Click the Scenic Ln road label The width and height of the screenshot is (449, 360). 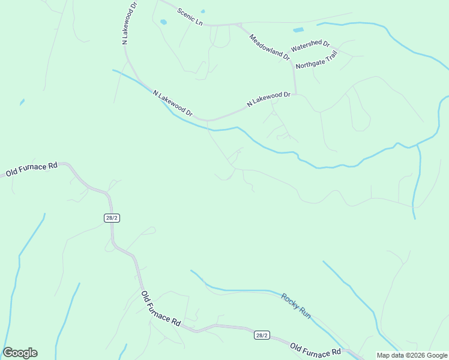190,16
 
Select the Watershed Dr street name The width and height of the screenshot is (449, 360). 310,46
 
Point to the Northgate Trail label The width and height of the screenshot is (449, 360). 317,59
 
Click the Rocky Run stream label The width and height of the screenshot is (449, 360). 296,305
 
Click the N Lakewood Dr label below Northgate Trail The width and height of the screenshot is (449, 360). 268,100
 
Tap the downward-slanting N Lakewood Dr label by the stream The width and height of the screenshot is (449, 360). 173,103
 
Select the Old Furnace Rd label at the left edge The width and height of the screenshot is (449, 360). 31,169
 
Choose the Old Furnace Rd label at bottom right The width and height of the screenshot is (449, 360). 315,349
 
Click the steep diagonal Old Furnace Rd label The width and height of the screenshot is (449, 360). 161,308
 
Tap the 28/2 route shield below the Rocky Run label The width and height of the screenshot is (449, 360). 261,335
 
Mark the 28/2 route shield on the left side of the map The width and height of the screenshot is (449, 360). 112,218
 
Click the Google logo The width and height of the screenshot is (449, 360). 20,353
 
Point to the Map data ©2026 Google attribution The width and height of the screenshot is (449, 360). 412,355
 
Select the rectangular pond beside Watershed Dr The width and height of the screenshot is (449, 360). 298,29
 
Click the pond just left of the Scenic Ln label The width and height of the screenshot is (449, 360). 163,22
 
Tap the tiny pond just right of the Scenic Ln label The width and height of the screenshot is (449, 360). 203,11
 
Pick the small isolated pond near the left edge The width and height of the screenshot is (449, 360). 22,102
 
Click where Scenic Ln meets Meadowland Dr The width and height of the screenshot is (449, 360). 239,25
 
